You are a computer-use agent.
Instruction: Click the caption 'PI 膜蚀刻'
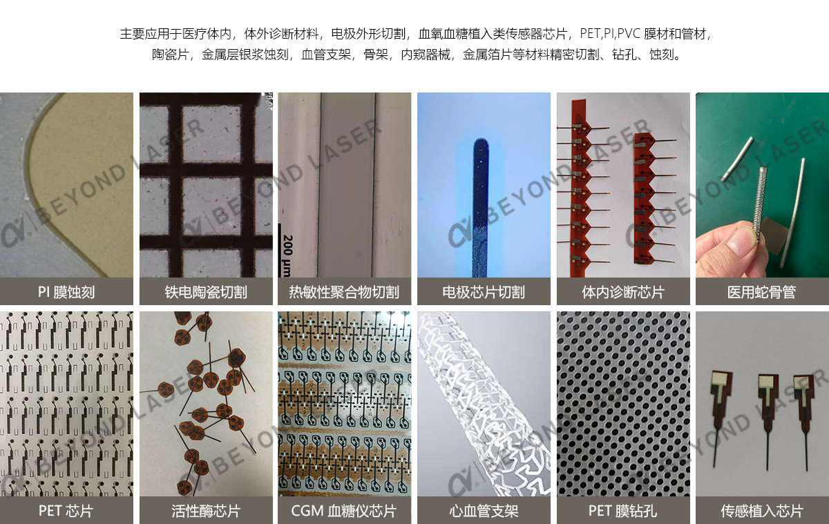(x=66, y=292)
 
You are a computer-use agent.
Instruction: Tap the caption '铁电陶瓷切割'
(x=206, y=292)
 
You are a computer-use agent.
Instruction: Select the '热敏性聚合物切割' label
(x=344, y=292)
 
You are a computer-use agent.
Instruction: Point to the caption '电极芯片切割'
(x=484, y=292)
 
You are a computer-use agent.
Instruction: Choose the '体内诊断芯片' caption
(x=623, y=292)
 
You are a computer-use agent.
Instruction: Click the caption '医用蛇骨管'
(x=761, y=292)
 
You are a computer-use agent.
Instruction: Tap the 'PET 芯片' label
(x=66, y=512)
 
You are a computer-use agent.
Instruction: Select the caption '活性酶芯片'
(x=206, y=512)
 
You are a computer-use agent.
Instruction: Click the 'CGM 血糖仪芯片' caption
(x=344, y=512)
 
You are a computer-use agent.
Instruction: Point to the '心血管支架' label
(x=484, y=512)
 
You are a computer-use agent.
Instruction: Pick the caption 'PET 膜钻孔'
(x=623, y=512)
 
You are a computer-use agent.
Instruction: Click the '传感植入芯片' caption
(x=761, y=512)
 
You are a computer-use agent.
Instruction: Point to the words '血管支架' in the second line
(x=325, y=55)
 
